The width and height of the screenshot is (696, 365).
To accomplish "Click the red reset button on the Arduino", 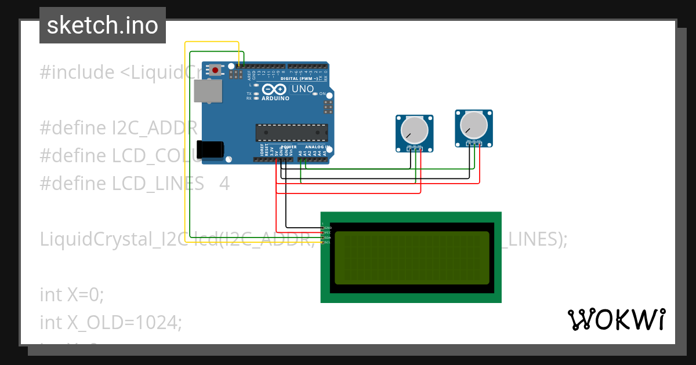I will pyautogui.click(x=216, y=70).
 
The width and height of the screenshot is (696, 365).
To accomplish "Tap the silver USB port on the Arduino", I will pyautogui.click(x=207, y=91).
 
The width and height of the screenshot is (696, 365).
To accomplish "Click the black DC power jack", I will pyautogui.click(x=209, y=149).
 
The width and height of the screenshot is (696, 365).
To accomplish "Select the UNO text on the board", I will pyautogui.click(x=302, y=89).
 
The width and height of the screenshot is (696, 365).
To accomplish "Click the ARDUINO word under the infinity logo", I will pyautogui.click(x=275, y=98).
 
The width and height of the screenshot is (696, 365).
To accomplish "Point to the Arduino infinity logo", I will pyautogui.click(x=274, y=89).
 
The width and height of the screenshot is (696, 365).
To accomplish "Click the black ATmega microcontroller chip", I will pyautogui.click(x=292, y=133).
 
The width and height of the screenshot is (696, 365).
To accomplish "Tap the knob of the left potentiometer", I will pyautogui.click(x=414, y=129).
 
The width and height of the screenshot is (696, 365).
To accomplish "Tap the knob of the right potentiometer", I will pyautogui.click(x=473, y=123).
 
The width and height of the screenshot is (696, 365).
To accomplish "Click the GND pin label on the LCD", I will pyautogui.click(x=328, y=228).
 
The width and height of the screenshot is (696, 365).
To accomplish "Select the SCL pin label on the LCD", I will pyautogui.click(x=327, y=242).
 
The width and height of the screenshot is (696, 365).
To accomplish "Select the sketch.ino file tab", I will pyautogui.click(x=103, y=25).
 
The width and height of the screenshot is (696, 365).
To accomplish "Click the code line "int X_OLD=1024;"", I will pyautogui.click(x=111, y=322).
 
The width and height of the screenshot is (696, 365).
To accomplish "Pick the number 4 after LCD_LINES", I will pyautogui.click(x=224, y=184).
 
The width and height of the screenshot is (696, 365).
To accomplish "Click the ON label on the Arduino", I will pyautogui.click(x=322, y=93).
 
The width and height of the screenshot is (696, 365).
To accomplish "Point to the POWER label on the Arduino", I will pyautogui.click(x=289, y=147).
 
